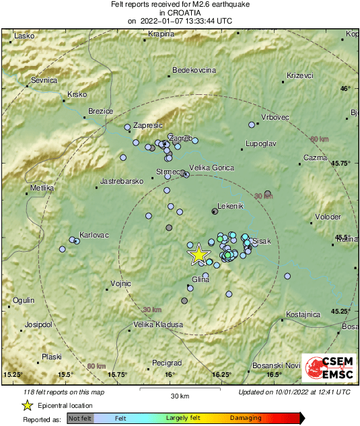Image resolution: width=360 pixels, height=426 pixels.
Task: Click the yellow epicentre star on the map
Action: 199,254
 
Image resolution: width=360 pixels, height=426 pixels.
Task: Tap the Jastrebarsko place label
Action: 122,181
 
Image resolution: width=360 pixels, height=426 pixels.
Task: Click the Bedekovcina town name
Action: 194,70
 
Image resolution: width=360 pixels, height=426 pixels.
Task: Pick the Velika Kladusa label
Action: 158,324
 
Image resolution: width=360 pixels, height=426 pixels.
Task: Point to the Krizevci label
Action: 300,75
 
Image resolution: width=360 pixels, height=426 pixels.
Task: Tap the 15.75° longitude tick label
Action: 118,374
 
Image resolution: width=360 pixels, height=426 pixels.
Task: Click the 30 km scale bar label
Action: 179,395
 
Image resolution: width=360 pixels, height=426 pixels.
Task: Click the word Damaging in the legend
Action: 246,418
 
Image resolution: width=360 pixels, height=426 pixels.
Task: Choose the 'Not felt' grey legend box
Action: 80,419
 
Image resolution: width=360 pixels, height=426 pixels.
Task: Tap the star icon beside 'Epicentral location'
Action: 27,406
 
